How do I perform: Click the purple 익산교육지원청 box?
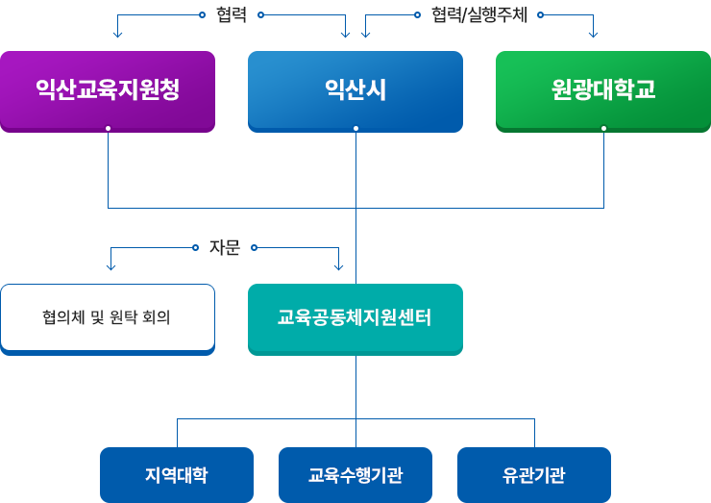(107, 90)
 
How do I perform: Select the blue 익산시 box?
(355, 90)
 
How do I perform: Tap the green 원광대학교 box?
(603, 90)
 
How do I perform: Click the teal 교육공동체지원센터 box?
(355, 316)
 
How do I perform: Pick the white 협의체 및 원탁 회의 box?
(107, 316)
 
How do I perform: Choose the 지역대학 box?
(176, 474)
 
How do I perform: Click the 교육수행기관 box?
(355, 474)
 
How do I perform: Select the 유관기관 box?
(533, 474)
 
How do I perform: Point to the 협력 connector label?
(232, 14)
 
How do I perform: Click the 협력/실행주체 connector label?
(479, 14)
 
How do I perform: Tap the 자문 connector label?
(225, 247)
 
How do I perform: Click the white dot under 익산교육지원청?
(109, 128)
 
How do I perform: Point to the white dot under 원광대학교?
(603, 128)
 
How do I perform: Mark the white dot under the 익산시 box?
(355, 128)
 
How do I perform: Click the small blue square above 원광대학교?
(593, 36)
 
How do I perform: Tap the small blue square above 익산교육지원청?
(118, 36)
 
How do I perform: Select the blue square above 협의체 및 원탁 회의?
(110, 267)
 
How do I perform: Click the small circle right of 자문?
(255, 247)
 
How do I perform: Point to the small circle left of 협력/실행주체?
(418, 14)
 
